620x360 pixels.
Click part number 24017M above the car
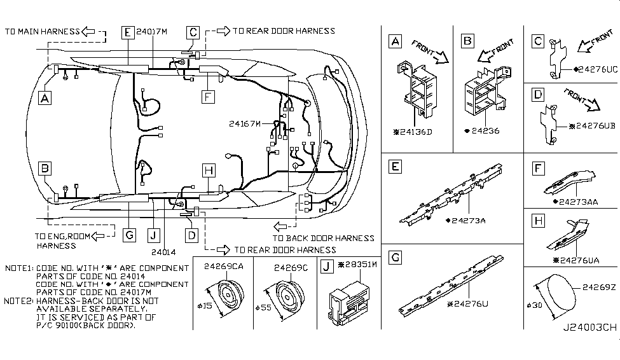point(152,32)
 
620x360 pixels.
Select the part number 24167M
point(245,124)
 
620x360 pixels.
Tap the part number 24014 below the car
point(163,252)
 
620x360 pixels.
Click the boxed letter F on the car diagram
point(208,97)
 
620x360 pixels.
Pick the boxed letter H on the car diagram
point(209,170)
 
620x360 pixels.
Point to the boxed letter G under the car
point(129,235)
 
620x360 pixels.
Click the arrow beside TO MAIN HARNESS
point(88,31)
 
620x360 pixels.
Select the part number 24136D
point(413,132)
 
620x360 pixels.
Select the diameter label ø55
point(263,307)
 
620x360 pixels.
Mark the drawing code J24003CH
point(589,328)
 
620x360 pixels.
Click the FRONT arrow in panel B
point(496,50)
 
